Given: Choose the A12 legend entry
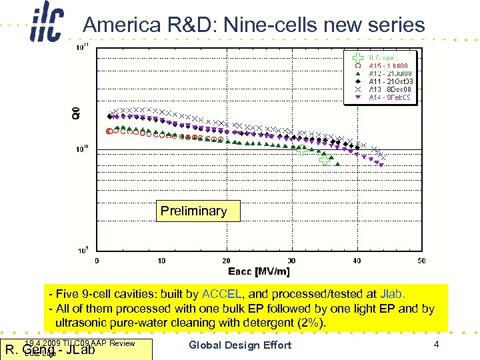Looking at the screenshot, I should point(387,73).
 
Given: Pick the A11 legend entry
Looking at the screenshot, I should point(387,81).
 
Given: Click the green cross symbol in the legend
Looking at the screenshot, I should point(358,57).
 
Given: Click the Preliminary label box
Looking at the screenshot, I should point(193,211).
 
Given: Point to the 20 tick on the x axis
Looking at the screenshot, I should point(226,261).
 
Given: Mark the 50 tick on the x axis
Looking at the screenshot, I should point(421,261).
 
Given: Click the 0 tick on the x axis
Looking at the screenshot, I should point(97,261).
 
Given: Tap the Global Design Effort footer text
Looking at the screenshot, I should point(240,345).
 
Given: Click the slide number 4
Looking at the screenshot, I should point(436,345).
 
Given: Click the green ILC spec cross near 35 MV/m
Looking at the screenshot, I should point(325,160).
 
